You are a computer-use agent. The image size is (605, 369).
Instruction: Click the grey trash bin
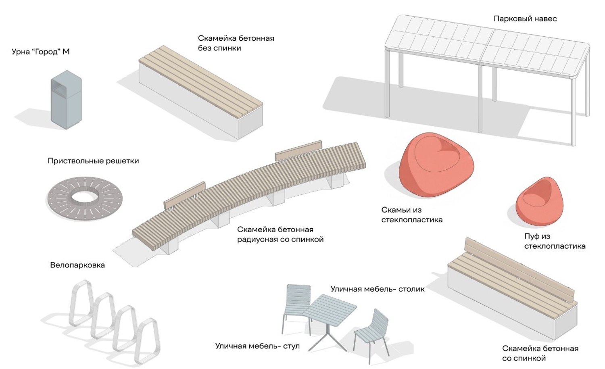[x=67, y=100]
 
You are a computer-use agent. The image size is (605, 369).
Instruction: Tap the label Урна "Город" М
[x=40, y=52]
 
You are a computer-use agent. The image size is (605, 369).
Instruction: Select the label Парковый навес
[x=525, y=19]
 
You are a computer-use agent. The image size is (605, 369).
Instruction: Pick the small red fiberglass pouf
[x=539, y=202]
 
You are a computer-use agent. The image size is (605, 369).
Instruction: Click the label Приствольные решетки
[x=93, y=161]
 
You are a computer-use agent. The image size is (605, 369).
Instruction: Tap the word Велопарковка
[x=77, y=265]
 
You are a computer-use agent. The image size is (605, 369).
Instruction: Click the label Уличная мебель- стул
[x=257, y=346]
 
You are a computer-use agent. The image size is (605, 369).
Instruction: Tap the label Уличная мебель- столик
[x=378, y=289]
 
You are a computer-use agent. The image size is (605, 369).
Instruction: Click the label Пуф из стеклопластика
[x=555, y=241]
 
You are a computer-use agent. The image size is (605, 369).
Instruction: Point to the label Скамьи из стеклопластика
[x=412, y=215]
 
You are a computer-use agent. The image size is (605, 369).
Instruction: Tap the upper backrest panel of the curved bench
[x=298, y=151]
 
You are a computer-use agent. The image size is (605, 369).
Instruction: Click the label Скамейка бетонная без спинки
[x=236, y=43]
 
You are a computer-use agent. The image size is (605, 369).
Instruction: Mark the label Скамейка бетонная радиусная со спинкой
[x=280, y=234]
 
